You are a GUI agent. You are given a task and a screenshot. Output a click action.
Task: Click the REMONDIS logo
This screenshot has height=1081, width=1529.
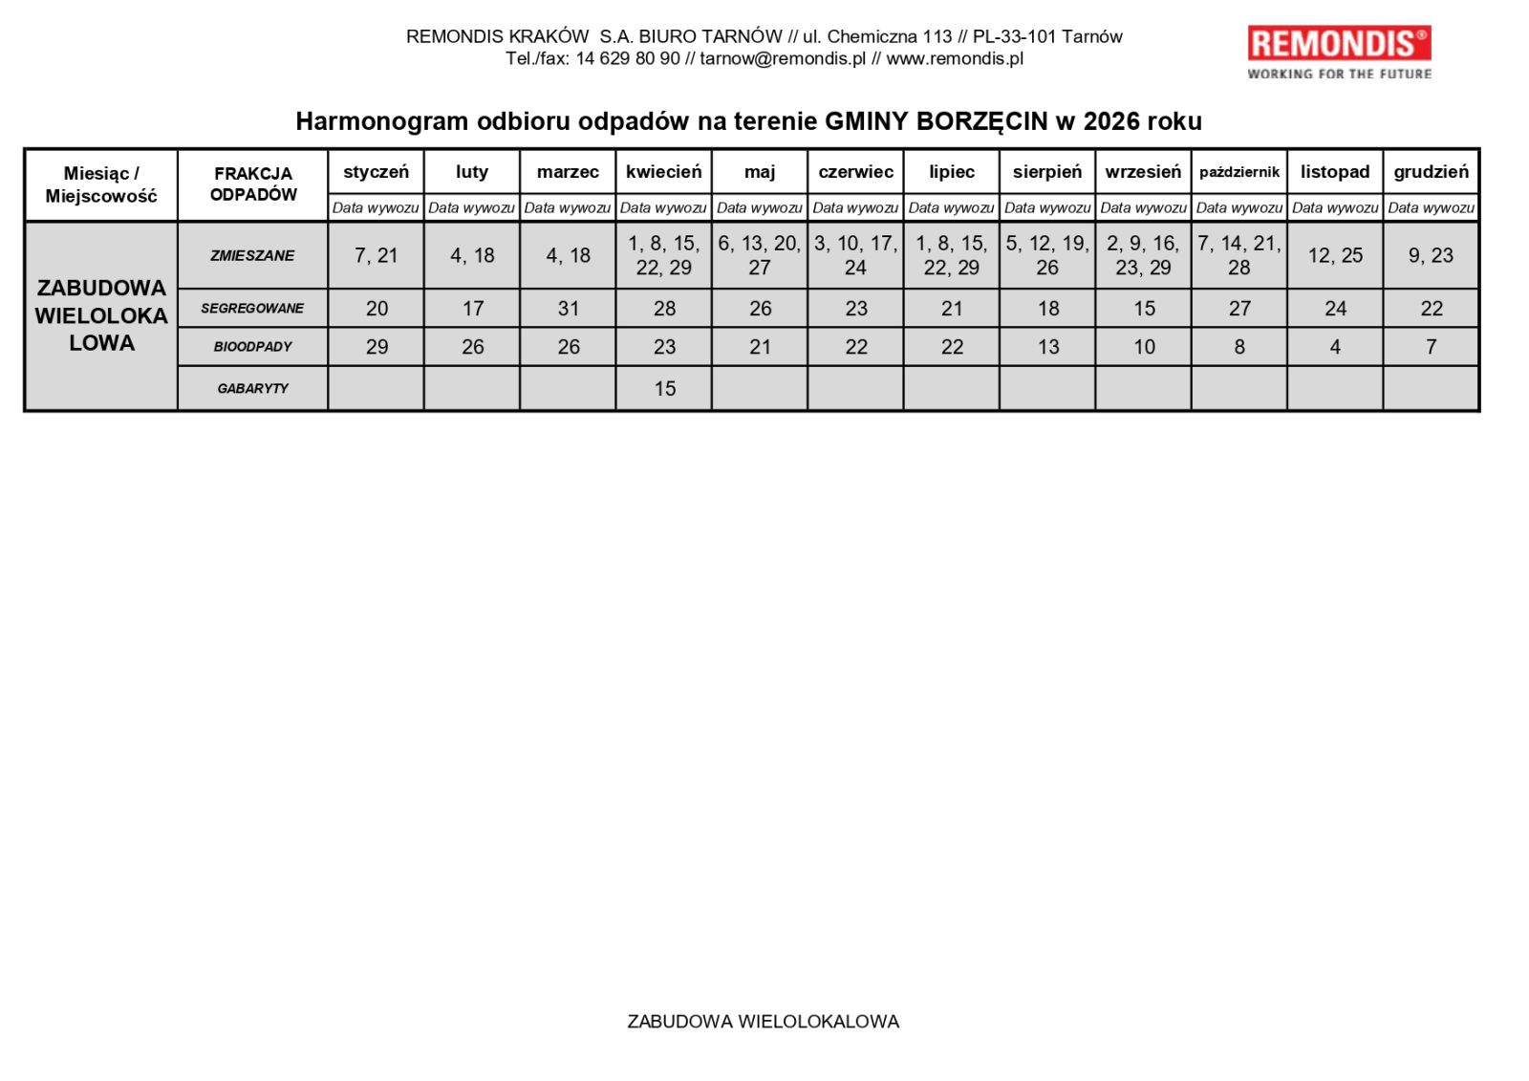(x=1339, y=53)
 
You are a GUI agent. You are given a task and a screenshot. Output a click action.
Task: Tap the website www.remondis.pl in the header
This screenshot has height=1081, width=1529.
(x=955, y=58)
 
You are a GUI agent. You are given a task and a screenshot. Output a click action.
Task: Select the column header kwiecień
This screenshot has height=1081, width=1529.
(x=663, y=172)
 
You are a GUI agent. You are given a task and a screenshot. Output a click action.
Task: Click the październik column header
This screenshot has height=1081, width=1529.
(x=1238, y=172)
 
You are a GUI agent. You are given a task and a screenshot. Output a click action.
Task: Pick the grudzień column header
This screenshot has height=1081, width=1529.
(x=1431, y=172)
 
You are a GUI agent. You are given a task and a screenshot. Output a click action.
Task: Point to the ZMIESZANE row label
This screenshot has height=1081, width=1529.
(x=252, y=255)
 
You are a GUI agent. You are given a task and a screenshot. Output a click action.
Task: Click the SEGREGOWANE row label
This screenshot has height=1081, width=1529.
(x=252, y=308)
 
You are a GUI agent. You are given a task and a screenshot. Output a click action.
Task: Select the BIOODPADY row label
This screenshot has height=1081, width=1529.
(x=252, y=347)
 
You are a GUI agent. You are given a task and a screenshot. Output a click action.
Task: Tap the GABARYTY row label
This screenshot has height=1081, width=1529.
(x=252, y=388)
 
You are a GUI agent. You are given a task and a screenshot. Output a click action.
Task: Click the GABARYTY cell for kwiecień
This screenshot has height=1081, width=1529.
(x=664, y=388)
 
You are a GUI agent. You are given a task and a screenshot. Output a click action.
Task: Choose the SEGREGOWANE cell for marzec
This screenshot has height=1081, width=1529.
(x=568, y=309)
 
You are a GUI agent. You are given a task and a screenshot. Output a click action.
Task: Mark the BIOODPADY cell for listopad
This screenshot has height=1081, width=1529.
(x=1335, y=347)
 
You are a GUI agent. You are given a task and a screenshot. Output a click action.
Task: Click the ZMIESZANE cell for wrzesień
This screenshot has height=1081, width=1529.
(x=1143, y=255)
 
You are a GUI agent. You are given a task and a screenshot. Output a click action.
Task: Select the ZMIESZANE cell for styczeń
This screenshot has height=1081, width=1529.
(x=376, y=255)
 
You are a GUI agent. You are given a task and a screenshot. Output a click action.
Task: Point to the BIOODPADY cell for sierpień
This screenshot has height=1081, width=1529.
(x=1048, y=347)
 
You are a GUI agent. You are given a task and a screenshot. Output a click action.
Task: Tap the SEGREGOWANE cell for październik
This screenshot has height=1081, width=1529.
(x=1239, y=309)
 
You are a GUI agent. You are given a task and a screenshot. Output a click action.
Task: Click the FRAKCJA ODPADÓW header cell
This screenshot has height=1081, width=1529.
(x=253, y=184)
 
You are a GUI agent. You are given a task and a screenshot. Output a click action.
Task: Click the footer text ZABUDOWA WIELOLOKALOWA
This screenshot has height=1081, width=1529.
(x=763, y=1021)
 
